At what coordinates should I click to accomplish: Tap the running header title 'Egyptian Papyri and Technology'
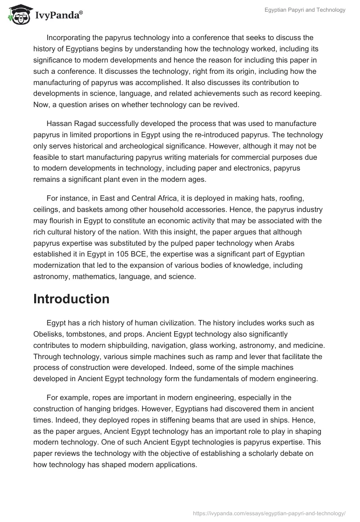[305, 10]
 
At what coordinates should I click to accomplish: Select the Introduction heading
[71, 299]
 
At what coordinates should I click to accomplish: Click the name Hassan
[59, 124]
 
